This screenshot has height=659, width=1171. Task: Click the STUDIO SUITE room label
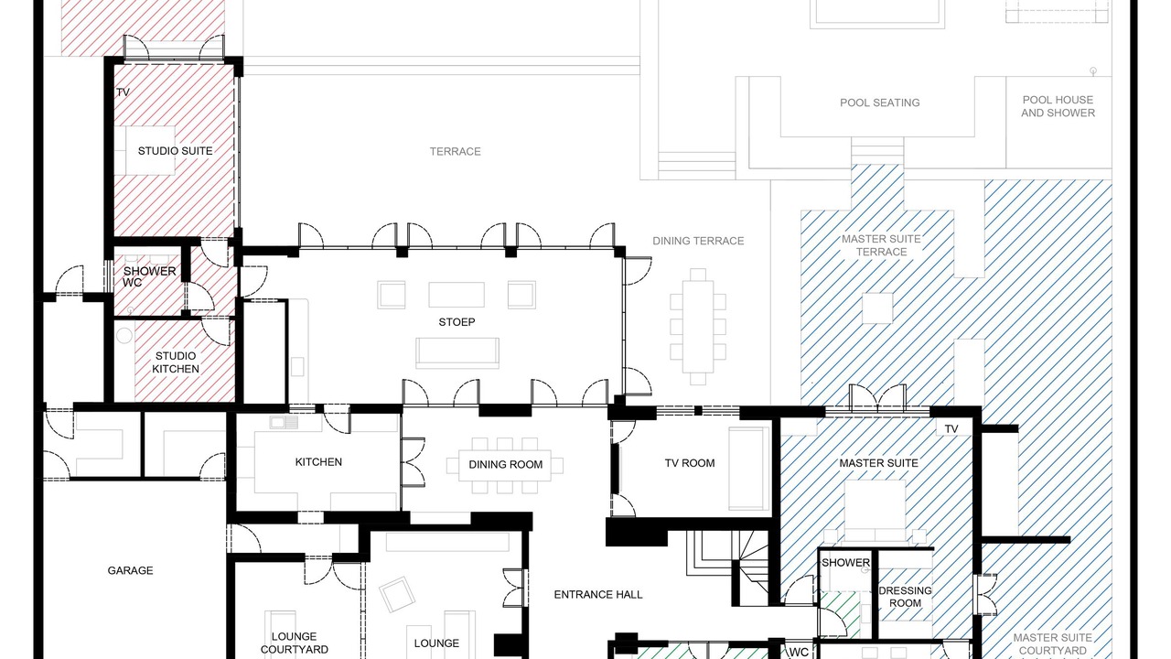coord(175,151)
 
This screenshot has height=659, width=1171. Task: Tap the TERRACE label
coord(455,152)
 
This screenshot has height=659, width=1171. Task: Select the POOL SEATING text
coord(880,103)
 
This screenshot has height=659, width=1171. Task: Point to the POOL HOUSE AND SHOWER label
coord(1058,106)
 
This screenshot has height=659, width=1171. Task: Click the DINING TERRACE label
coord(698,241)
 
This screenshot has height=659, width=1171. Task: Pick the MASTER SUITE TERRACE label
coord(881,245)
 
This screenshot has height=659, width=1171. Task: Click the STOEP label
coord(457,322)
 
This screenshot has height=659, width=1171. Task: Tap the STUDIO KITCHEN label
coord(176,362)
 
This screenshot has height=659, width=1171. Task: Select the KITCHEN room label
coord(318,462)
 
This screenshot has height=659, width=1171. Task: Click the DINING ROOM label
coord(506,464)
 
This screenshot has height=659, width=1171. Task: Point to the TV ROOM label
coord(690,463)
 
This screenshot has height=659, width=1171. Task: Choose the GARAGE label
coord(130,570)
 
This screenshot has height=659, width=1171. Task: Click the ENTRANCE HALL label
coord(598,595)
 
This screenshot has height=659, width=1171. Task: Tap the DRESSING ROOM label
coord(905,597)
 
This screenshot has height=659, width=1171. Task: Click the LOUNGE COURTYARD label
coord(295,643)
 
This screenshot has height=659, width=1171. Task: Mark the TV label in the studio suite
coord(123,92)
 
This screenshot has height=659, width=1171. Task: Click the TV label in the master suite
coord(951,429)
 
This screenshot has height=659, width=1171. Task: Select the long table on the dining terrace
coord(698,327)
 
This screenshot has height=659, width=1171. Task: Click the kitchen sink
coord(284,422)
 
